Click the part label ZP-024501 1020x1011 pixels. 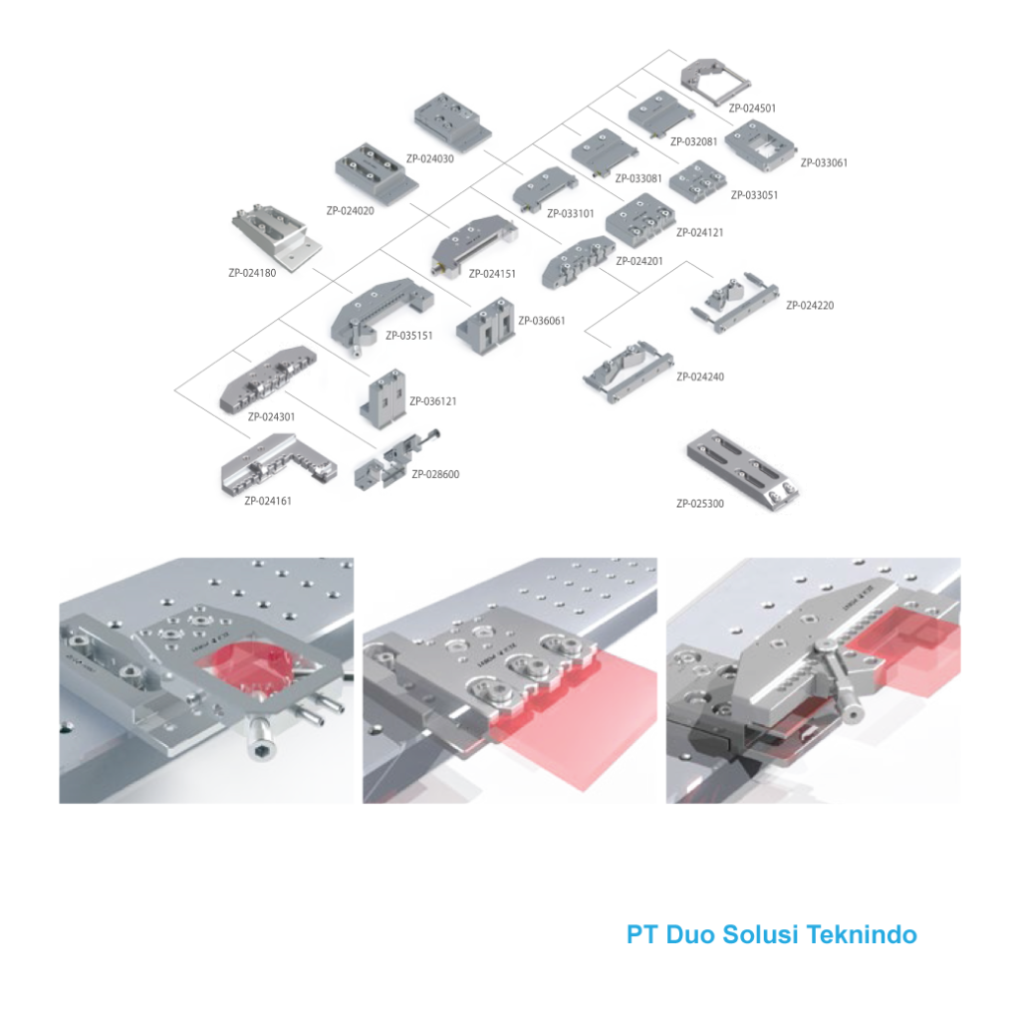(x=752, y=108)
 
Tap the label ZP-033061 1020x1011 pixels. (x=824, y=162)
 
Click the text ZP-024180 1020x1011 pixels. (x=252, y=273)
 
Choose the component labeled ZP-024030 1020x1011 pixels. (x=453, y=123)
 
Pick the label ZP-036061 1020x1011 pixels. (x=542, y=320)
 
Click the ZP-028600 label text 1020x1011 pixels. (x=435, y=474)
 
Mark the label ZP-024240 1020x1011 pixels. (x=700, y=377)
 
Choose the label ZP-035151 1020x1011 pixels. (x=409, y=336)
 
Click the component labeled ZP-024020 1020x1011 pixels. (x=376, y=172)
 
